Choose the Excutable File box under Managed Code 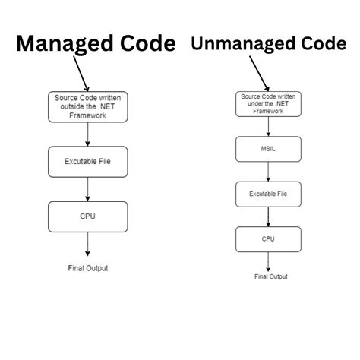point(88,161)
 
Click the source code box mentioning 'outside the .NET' point(88,107)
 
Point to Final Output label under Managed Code point(88,267)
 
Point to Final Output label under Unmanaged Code point(271,276)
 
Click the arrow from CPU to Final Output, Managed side point(88,245)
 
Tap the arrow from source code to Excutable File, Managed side point(88,134)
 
